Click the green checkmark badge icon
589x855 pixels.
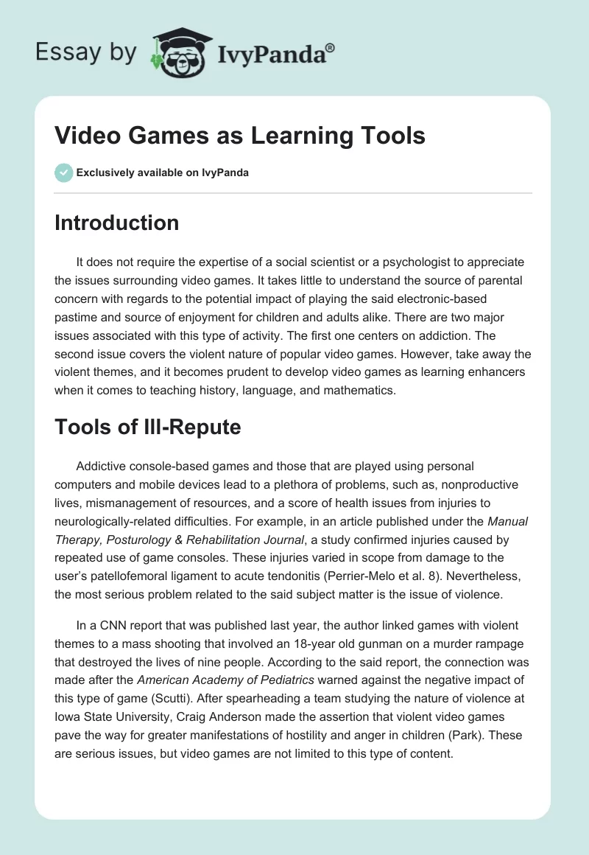click(63, 172)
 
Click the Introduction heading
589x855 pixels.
click(116, 223)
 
